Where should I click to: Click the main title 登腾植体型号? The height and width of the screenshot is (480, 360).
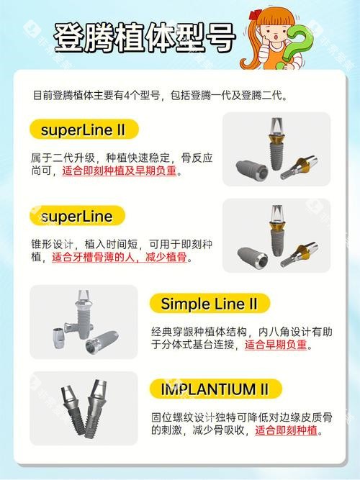pyautogui.click(x=144, y=36)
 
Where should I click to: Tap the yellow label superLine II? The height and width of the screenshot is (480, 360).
pyautogui.click(x=84, y=131)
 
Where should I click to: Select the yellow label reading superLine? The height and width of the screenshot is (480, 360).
pyautogui.click(x=77, y=216)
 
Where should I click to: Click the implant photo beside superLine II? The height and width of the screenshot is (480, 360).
pyautogui.click(x=276, y=150)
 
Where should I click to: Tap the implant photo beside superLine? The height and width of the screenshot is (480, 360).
pyautogui.click(x=276, y=236)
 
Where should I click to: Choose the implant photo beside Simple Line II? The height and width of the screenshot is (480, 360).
pyautogui.click(x=84, y=322)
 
